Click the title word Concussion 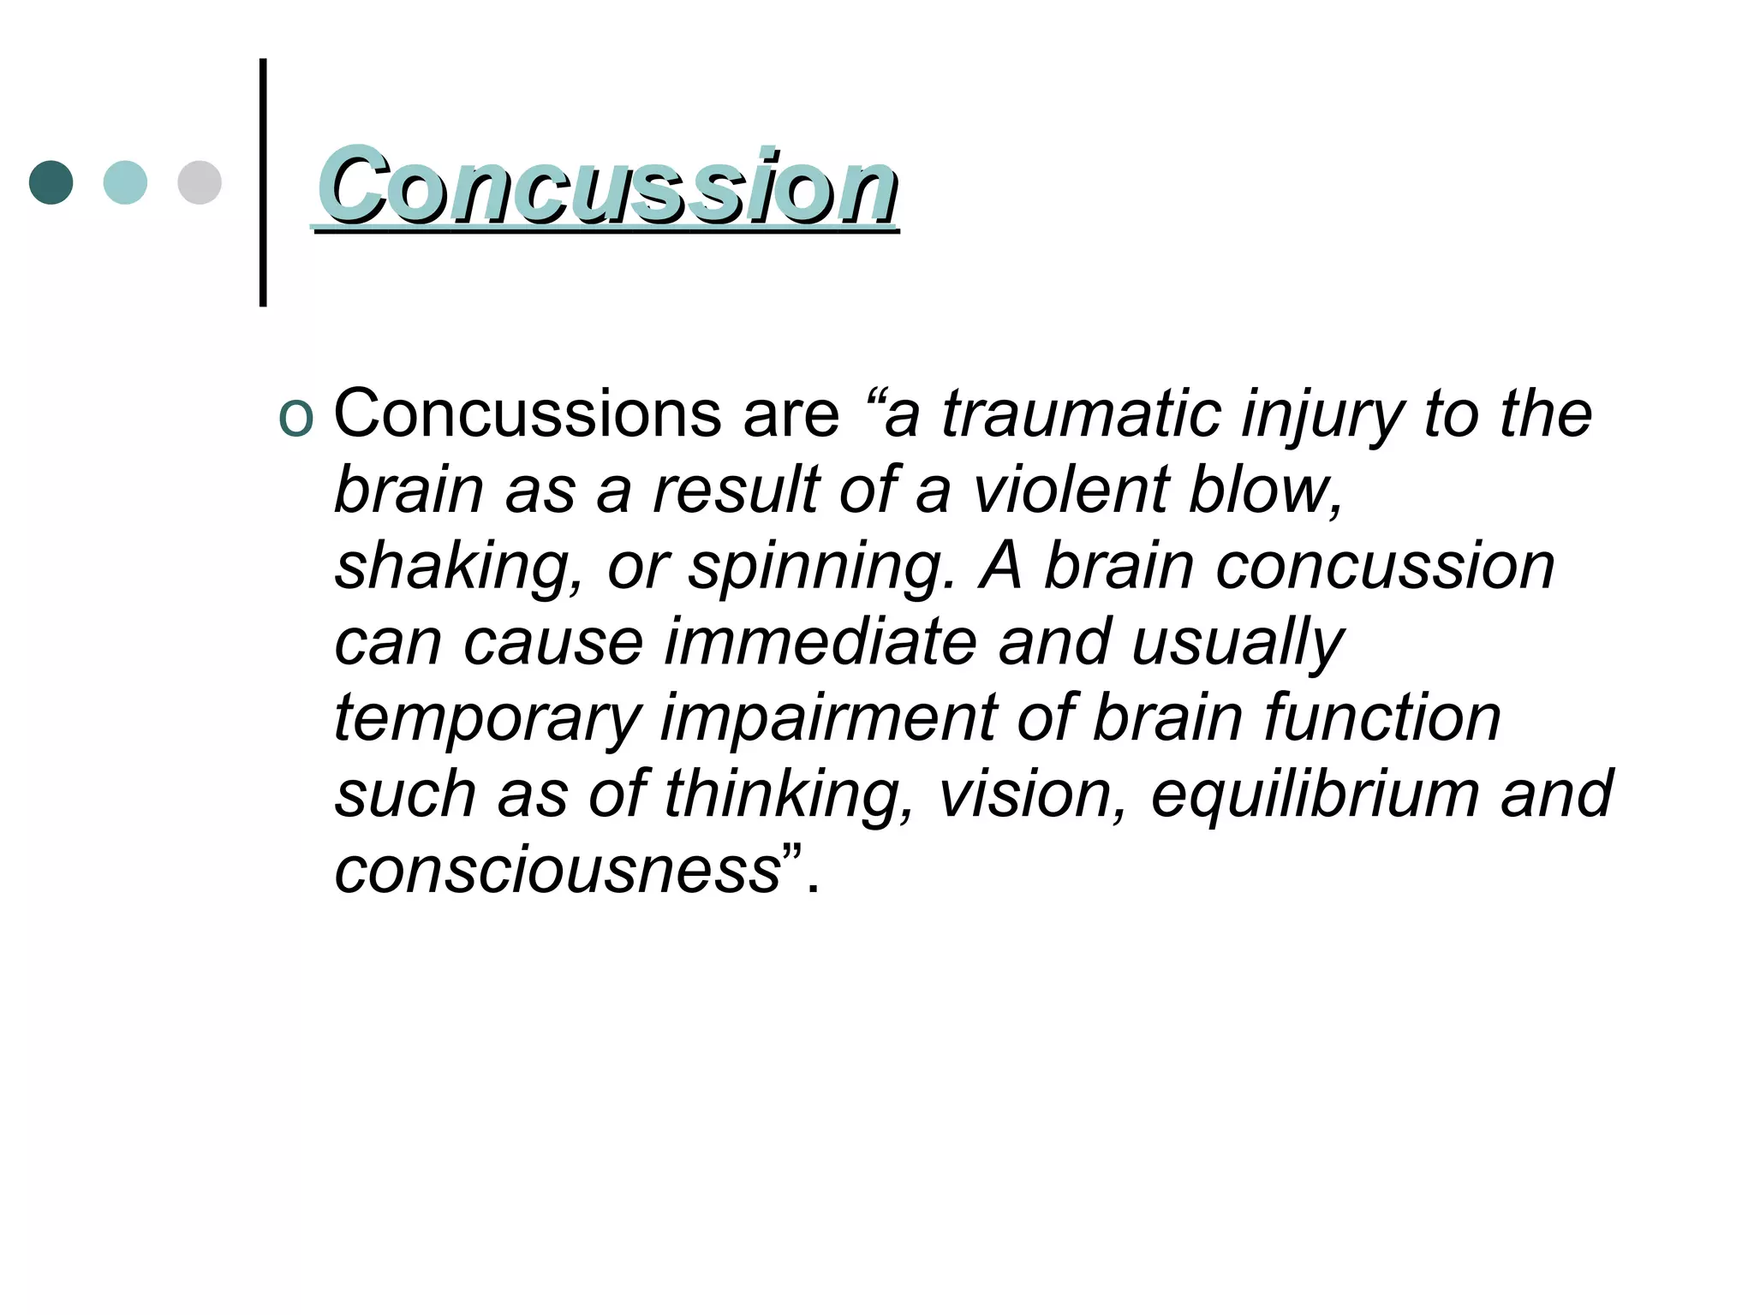coord(606,187)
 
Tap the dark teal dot coord(51,182)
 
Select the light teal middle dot coord(125,182)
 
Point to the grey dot coord(200,182)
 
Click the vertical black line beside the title coord(263,182)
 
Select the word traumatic coord(1081,414)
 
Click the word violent coord(1071,491)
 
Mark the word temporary coord(487,720)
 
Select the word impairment coord(828,720)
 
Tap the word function coord(1381,718)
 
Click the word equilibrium coord(1314,795)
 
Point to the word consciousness coord(558,871)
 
